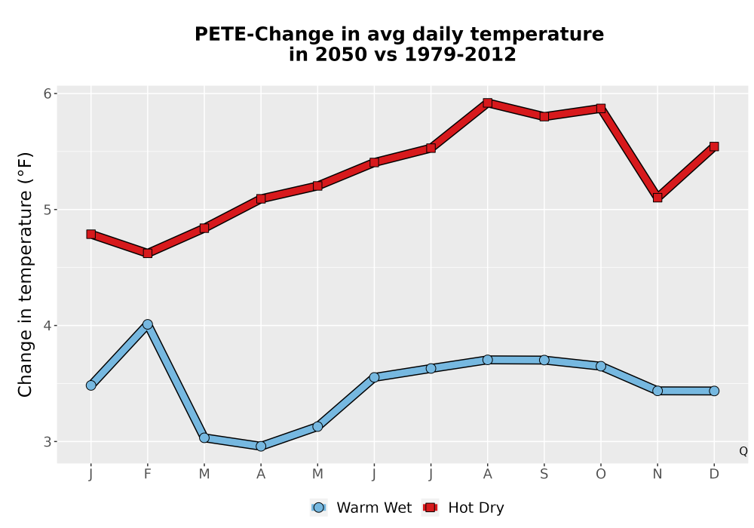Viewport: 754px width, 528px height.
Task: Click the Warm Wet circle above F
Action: (x=148, y=324)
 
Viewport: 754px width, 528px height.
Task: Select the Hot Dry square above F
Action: (x=148, y=253)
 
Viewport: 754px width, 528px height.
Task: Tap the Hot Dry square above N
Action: (x=657, y=198)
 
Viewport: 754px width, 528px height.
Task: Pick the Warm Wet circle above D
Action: (x=714, y=391)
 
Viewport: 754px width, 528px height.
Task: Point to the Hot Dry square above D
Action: (x=714, y=146)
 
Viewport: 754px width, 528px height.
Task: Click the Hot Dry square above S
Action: (x=544, y=116)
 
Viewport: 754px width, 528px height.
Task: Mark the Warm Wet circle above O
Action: (x=601, y=366)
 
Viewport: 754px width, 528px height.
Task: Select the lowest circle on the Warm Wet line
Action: (x=261, y=446)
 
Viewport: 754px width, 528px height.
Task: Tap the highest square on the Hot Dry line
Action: (x=488, y=103)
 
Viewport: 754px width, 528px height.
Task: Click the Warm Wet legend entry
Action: (x=361, y=508)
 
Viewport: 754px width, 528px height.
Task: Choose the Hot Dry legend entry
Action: (x=463, y=508)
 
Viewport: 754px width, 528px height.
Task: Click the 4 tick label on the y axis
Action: (x=47, y=326)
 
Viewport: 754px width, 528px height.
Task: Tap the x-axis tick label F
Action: (x=148, y=474)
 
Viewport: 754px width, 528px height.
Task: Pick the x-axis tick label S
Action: (x=544, y=474)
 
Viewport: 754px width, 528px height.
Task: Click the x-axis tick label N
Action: (x=657, y=474)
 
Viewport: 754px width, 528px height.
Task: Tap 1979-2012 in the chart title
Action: (x=460, y=54)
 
